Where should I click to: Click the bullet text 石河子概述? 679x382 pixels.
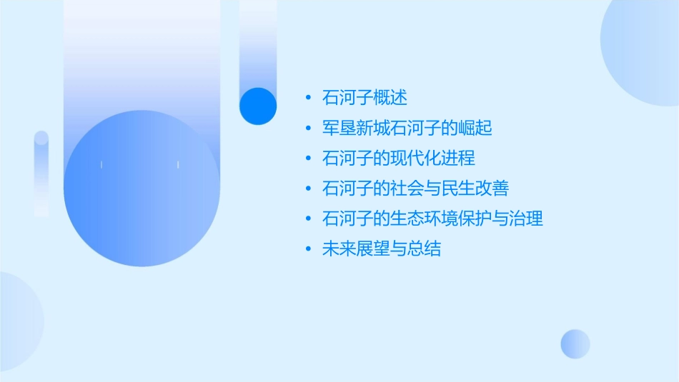(365, 98)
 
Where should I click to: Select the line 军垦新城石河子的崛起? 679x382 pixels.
(407, 128)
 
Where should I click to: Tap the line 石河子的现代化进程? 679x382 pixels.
(399, 158)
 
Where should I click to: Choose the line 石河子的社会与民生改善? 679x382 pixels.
(416, 189)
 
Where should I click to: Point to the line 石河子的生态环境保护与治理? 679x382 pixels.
(433, 218)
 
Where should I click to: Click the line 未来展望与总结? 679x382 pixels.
(382, 248)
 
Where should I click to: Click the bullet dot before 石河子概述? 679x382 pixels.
(308, 98)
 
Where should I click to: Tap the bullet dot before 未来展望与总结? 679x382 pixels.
(308, 248)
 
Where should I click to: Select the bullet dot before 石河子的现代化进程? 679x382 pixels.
(308, 158)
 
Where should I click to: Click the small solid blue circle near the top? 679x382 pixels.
(258, 106)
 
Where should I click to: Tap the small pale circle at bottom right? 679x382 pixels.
(575, 343)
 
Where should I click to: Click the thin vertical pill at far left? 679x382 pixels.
(41, 174)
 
